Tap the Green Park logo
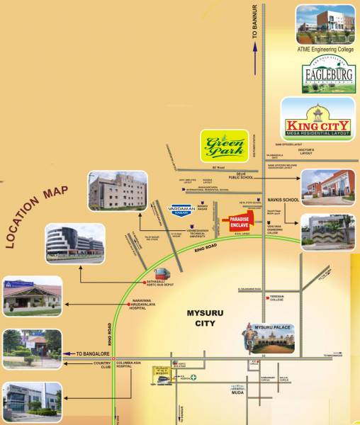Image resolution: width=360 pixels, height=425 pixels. [225, 146]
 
